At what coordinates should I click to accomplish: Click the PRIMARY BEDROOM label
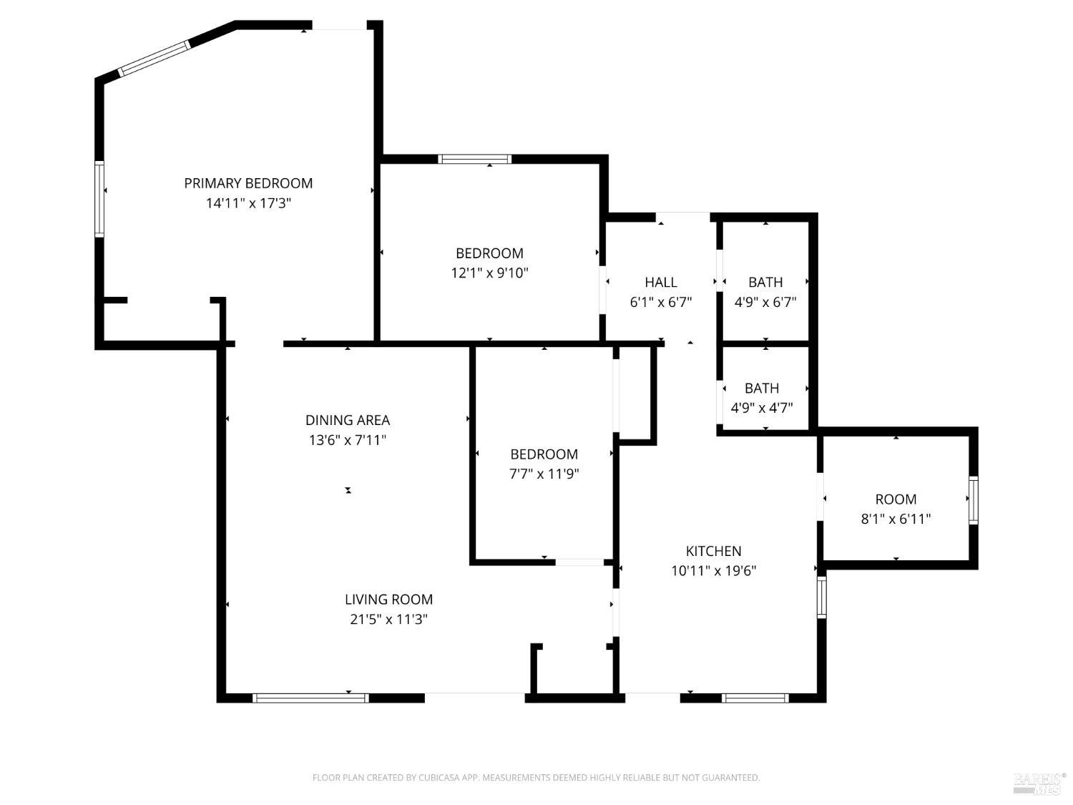[x=248, y=183]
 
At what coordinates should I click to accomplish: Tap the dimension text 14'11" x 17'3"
[x=248, y=203]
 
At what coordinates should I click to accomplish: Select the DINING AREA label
[x=348, y=420]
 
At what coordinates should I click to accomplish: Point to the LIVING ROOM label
[x=388, y=600]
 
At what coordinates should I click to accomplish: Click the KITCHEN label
[x=713, y=551]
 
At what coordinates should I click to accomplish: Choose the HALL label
[x=660, y=282]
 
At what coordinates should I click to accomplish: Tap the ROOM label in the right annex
[x=896, y=499]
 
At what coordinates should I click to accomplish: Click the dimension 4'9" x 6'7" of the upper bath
[x=765, y=302]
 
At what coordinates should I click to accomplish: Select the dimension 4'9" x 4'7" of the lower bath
[x=761, y=408]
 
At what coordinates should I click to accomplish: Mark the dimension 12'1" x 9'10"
[x=489, y=273]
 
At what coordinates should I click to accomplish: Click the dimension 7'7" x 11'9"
[x=544, y=474]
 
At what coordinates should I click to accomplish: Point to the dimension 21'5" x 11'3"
[x=388, y=620]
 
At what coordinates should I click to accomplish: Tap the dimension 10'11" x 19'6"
[x=713, y=571]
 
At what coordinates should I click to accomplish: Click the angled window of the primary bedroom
[x=154, y=59]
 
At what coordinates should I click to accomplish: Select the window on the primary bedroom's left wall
[x=99, y=199]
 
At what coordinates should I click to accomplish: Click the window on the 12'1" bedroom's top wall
[x=474, y=159]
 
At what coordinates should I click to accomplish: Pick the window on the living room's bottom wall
[x=310, y=698]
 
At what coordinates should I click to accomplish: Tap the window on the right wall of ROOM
[x=973, y=499]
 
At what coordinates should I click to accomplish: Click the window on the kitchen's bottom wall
[x=755, y=698]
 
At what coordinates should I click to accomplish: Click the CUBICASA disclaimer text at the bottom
[x=536, y=778]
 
